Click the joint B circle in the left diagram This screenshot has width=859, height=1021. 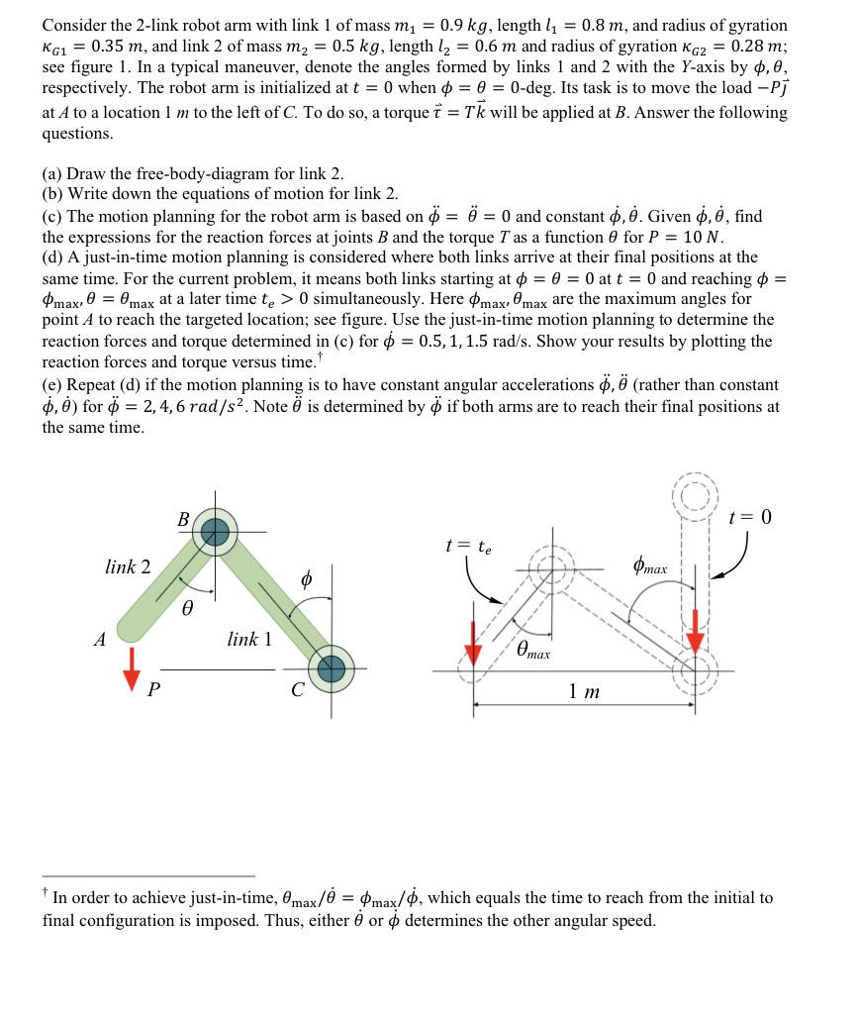(x=215, y=533)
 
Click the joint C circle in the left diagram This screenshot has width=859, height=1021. (x=330, y=669)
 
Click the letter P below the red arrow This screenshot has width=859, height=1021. (x=153, y=692)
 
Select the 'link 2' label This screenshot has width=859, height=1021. (x=128, y=567)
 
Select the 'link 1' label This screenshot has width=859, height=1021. (x=248, y=640)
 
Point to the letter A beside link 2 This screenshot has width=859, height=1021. (x=99, y=640)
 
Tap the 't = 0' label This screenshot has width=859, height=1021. (x=749, y=517)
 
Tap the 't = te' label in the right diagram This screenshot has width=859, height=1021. (x=468, y=546)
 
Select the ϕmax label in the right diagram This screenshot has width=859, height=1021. (x=649, y=568)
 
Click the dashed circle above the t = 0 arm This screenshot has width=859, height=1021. (x=697, y=492)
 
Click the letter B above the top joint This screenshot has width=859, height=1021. (x=183, y=518)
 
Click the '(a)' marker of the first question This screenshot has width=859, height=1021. (x=53, y=173)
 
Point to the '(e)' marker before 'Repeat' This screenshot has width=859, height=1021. (x=53, y=385)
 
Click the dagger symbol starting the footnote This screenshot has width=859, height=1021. (x=46, y=895)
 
